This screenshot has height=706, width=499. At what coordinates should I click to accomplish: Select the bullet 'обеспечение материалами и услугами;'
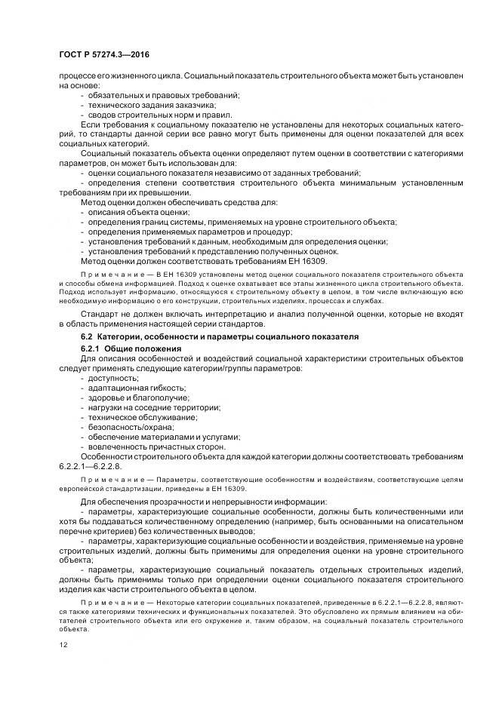tap(164, 437)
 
